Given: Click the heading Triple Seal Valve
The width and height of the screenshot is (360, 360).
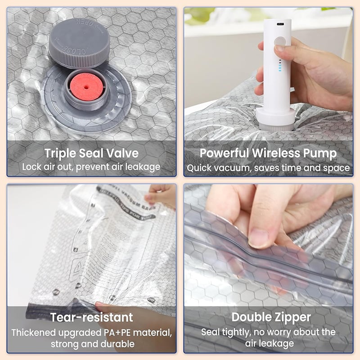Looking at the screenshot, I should [x=91, y=153].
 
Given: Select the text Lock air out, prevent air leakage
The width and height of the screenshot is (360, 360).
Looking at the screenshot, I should [x=91, y=167].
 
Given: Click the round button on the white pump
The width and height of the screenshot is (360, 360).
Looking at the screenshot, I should [x=280, y=42].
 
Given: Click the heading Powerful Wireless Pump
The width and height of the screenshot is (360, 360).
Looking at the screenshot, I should [x=268, y=153].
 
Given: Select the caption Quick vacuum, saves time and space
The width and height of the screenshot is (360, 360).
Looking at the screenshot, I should [x=268, y=168].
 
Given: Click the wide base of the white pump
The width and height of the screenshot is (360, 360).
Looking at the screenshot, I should [x=275, y=118].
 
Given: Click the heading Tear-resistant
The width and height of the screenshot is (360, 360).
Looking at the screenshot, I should [x=91, y=317].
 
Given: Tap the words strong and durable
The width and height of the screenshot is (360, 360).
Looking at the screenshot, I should [x=91, y=344].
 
